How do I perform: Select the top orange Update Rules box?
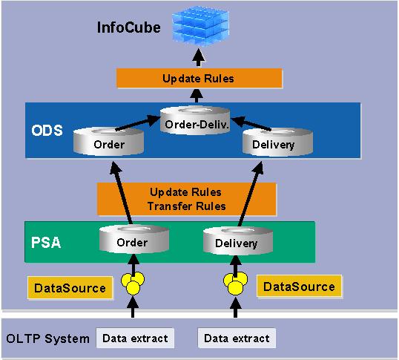198,78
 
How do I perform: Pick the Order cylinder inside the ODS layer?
109,143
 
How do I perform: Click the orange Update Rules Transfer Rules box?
186,199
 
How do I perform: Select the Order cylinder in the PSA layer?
134,241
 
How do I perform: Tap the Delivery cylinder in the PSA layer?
236,242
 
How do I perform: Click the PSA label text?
46,241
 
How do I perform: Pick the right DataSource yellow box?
299,286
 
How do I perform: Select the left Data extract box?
134,338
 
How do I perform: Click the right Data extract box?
237,338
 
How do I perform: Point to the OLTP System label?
46,338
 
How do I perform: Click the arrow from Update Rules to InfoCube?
198,57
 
